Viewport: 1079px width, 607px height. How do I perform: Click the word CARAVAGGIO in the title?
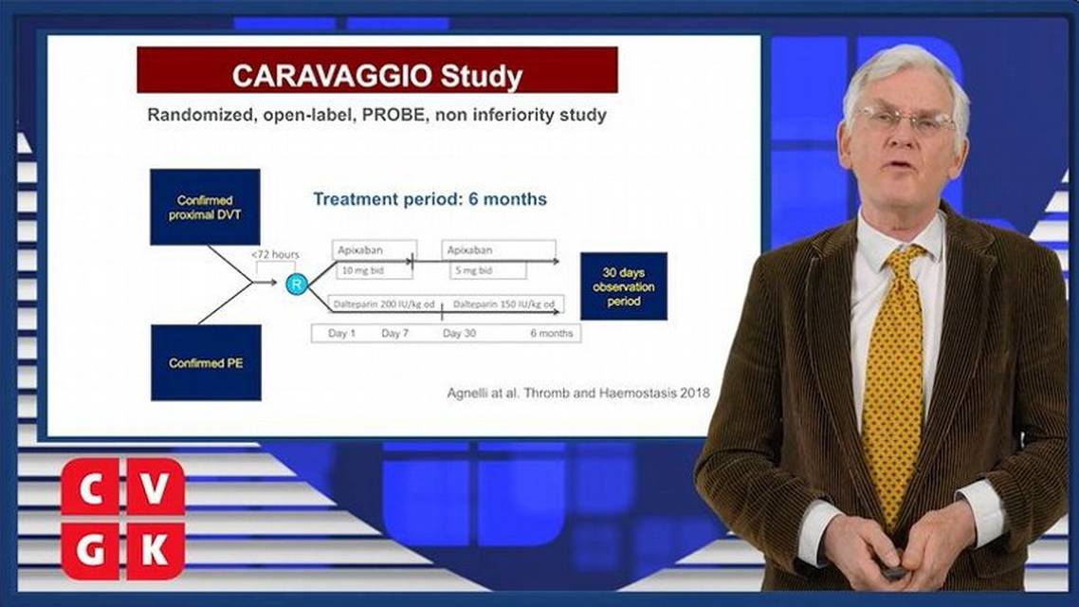click(333, 76)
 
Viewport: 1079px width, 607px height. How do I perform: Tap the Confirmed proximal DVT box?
click(205, 207)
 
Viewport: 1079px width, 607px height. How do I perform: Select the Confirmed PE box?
click(206, 362)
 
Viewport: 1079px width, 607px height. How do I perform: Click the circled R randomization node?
click(297, 284)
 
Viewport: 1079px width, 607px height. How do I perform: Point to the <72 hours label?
click(275, 254)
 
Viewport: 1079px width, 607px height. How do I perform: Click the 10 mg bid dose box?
click(374, 270)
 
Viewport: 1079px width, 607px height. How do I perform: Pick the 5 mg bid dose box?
click(488, 270)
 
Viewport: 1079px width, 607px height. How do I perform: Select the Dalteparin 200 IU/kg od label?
click(384, 303)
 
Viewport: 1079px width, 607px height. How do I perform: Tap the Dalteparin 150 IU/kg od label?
click(503, 303)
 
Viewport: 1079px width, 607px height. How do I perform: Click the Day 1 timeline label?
click(342, 333)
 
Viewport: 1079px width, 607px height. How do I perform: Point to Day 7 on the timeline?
click(395, 333)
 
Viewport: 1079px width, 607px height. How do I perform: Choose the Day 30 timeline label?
click(459, 333)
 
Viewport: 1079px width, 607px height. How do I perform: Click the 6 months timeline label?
click(552, 333)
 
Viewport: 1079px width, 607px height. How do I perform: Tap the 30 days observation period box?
click(624, 286)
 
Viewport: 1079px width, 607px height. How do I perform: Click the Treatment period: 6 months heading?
click(430, 199)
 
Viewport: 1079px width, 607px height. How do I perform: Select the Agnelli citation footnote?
click(578, 394)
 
